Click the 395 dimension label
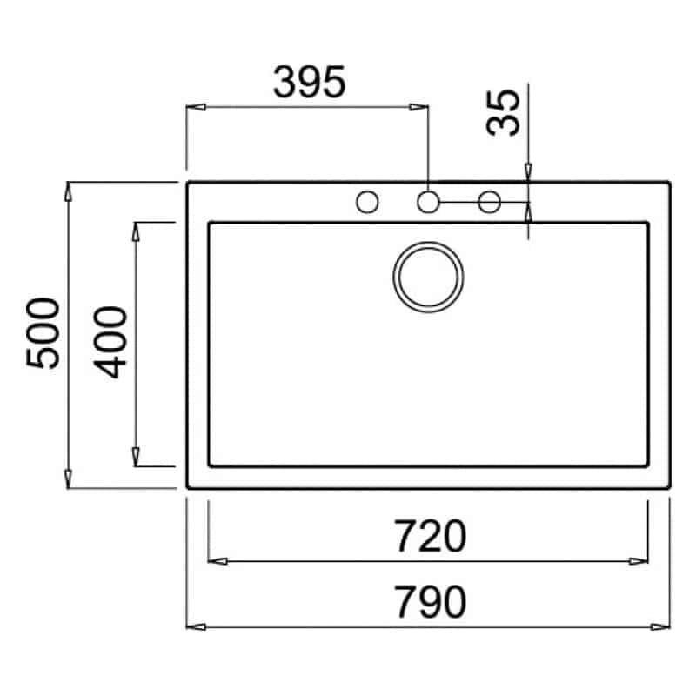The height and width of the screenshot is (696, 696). click(x=310, y=83)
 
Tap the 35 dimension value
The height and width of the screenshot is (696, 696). click(x=503, y=113)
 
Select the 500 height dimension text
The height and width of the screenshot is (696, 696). click(x=43, y=333)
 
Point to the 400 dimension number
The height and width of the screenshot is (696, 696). click(x=110, y=342)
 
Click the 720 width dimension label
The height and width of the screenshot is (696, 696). click(x=430, y=536)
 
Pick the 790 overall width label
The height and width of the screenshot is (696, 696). click(x=430, y=601)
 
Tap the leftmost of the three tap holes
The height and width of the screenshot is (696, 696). click(x=367, y=202)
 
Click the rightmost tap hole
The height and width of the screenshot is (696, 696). click(x=490, y=202)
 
